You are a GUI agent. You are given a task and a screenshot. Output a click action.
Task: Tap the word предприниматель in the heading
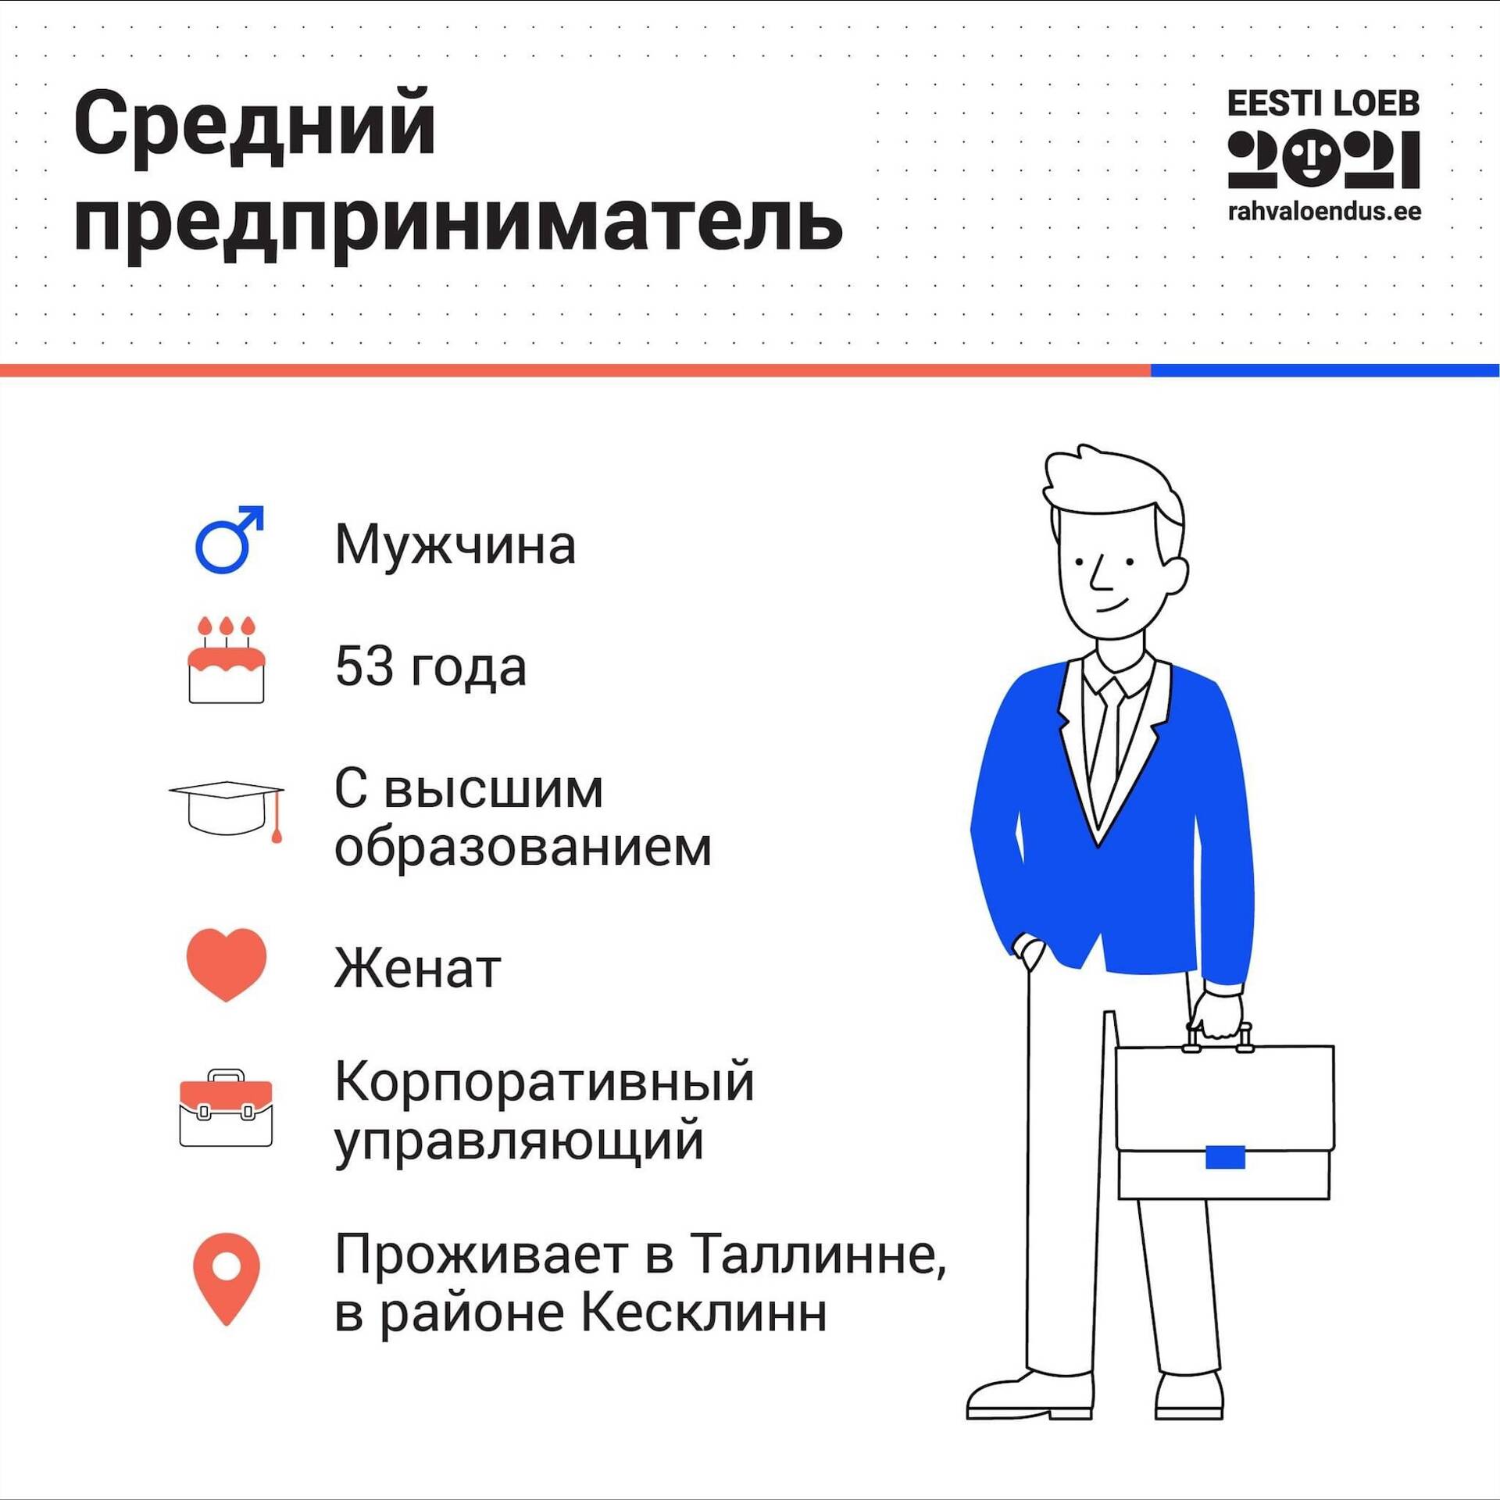459,224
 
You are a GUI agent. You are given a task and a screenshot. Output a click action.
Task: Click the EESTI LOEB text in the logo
1323,104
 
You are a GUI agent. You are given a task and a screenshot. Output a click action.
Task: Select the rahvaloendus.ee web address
1324,212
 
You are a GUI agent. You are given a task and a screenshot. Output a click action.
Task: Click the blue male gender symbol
229,540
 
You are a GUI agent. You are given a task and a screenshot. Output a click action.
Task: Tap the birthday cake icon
227,660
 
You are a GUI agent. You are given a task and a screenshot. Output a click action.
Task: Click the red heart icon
227,964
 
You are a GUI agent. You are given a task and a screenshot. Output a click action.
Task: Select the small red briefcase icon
226,1109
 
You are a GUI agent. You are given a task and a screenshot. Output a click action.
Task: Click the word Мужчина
455,545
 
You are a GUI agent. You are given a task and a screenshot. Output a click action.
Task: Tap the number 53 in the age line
364,666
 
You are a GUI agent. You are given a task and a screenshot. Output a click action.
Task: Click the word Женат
418,969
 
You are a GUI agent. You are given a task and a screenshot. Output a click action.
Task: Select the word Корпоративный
545,1083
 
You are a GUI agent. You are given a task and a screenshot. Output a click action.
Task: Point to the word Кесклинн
704,1313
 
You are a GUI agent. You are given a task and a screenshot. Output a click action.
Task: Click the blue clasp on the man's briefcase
1225,1157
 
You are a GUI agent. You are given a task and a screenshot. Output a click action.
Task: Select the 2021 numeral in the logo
1323,159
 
